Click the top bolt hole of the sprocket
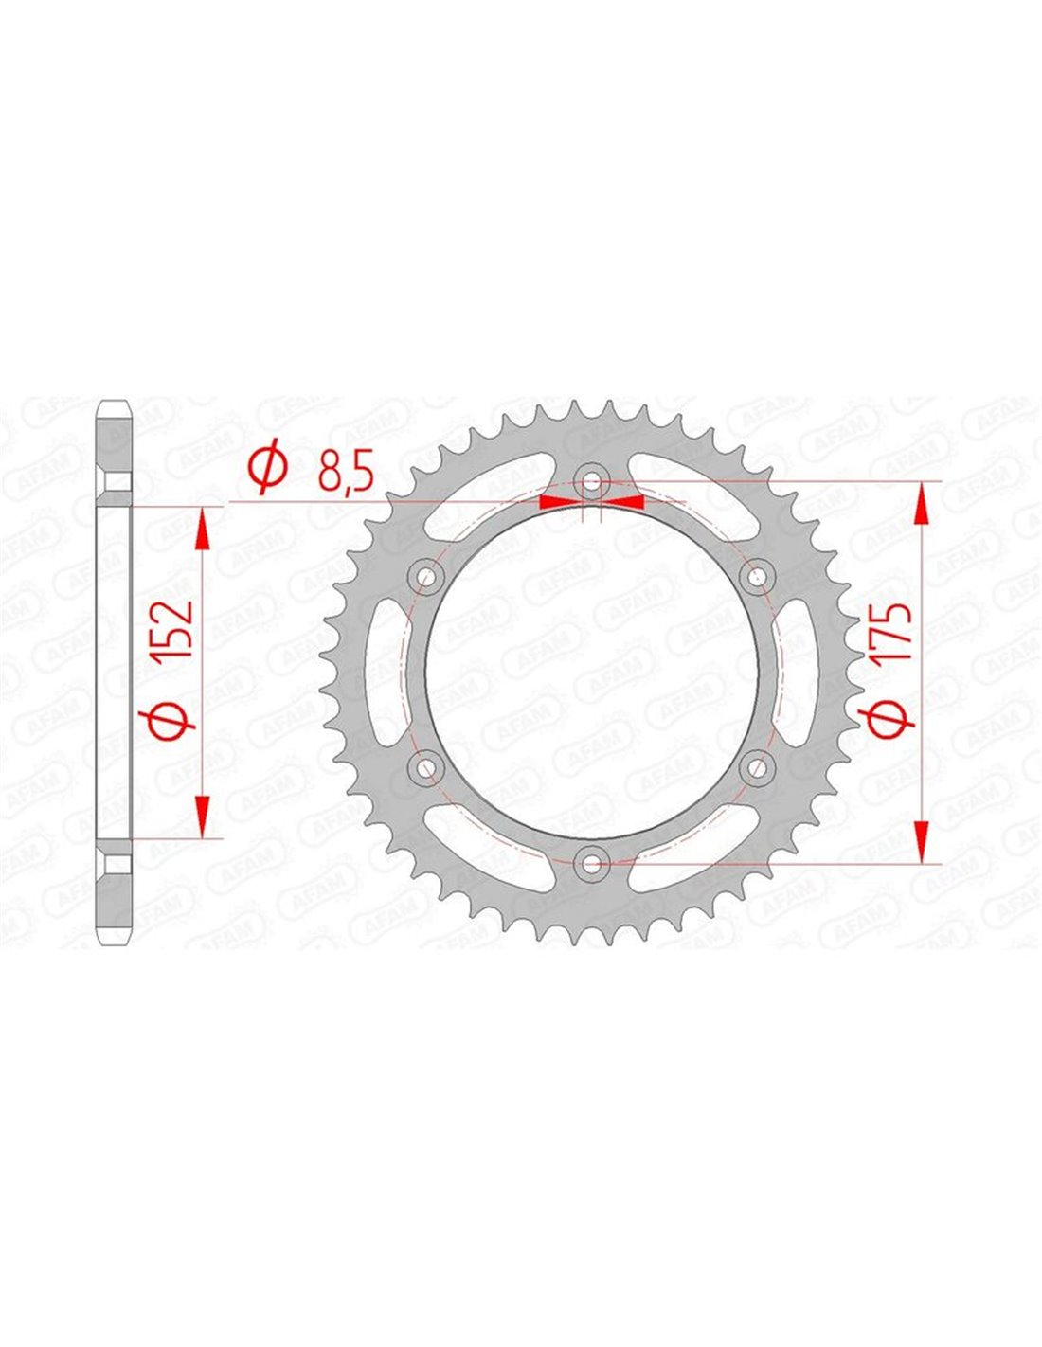coord(592,480)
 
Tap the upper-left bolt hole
coord(427,576)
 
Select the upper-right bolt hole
coord(757,576)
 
